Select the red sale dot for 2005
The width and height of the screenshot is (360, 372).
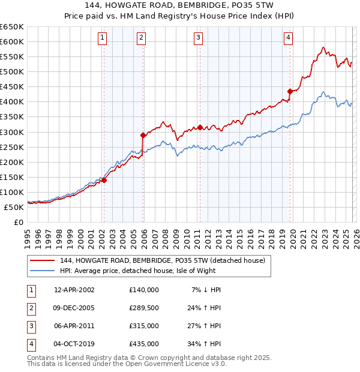143,135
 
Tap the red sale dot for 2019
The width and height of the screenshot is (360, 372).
290,91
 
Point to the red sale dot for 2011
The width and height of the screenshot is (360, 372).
200,127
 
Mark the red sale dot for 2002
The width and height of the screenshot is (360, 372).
104,179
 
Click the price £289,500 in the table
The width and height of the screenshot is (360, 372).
144,308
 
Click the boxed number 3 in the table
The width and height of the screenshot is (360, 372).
29,326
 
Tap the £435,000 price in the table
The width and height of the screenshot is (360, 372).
144,344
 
